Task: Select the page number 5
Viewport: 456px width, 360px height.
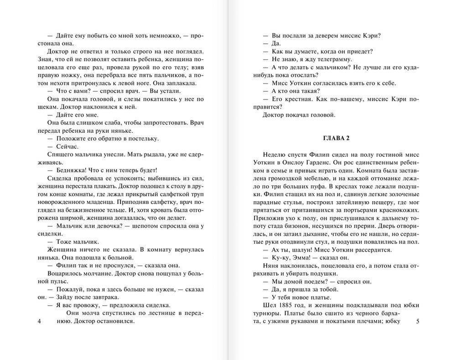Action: (417, 322)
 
